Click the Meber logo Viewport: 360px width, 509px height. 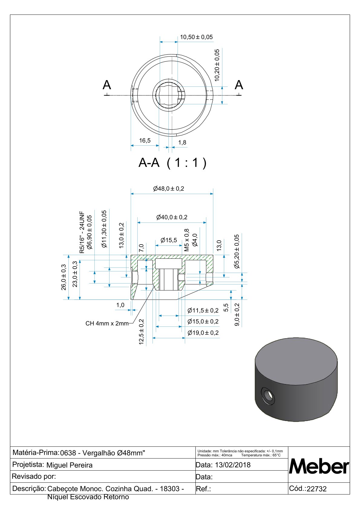[x=319, y=466]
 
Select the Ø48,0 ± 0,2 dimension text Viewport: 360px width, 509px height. [x=169, y=189]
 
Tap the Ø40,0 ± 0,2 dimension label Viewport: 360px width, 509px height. [x=172, y=217]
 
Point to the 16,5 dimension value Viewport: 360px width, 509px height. [x=145, y=141]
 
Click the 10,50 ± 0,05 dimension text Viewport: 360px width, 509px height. [x=196, y=37]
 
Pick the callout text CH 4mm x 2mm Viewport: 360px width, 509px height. [x=107, y=323]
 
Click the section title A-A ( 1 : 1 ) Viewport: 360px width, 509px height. [x=172, y=163]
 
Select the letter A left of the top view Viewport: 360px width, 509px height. [x=107, y=85]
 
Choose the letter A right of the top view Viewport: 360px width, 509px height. [x=239, y=85]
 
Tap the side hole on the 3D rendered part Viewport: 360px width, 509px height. [x=268, y=396]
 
